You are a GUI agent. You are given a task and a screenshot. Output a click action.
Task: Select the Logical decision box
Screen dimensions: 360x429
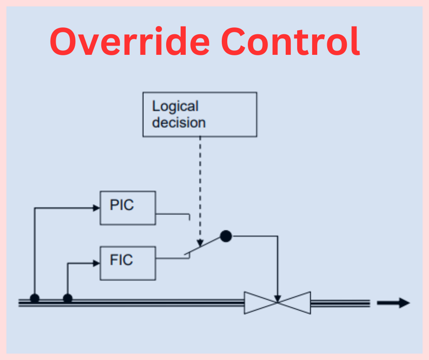click(199, 114)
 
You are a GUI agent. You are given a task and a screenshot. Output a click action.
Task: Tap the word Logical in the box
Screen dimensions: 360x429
click(175, 106)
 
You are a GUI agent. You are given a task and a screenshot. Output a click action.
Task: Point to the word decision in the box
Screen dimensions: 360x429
click(178, 122)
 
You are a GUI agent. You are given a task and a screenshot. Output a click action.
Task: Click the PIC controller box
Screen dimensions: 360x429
click(128, 208)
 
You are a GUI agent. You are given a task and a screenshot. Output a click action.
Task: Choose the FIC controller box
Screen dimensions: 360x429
click(128, 263)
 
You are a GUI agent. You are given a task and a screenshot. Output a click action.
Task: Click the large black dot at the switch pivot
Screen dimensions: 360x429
click(226, 236)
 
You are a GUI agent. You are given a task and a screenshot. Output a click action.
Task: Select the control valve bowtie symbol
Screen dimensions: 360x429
click(277, 302)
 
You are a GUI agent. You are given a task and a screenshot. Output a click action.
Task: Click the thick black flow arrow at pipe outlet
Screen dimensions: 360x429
click(393, 302)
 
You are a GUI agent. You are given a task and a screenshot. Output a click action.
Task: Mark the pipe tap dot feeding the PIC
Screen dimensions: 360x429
click(35, 298)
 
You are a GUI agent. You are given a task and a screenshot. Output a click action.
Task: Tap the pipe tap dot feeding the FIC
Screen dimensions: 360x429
click(68, 298)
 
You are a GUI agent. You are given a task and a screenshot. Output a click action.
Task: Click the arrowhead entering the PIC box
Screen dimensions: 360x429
click(96, 208)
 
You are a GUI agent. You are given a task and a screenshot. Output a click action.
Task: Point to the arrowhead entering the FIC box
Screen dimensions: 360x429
click(96, 263)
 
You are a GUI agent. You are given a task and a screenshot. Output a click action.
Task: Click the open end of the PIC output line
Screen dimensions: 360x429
click(189, 218)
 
